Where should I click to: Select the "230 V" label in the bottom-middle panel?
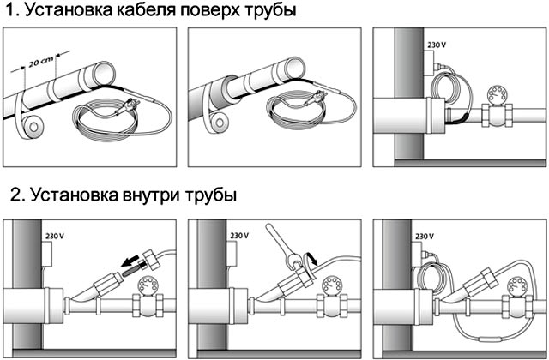tap(240, 234)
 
